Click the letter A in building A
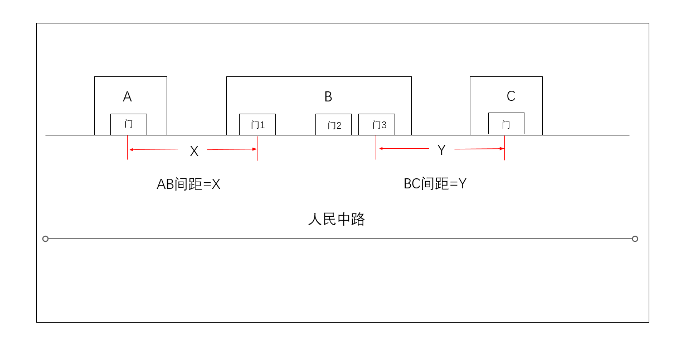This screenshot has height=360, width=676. coord(127,97)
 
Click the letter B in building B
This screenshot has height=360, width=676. coord(328,97)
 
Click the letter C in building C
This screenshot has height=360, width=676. coord(510,96)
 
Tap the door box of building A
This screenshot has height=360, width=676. coord(129,124)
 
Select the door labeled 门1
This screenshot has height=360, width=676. coord(257,125)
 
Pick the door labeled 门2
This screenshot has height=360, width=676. coord(333,125)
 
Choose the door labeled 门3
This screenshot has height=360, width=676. coord(377,125)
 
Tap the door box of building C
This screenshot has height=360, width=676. coord(506,124)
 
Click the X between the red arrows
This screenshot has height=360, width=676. coord(194,151)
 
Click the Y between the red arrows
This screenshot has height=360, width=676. coord(441,150)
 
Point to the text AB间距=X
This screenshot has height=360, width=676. coord(188,184)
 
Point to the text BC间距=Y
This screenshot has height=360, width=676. coord(435,183)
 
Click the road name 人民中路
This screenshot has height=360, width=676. coord(336,219)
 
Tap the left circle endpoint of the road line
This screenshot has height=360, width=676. coord(46,239)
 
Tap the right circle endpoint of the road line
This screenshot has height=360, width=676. coord(635,239)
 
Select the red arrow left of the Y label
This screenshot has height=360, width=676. coord(403,149)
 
